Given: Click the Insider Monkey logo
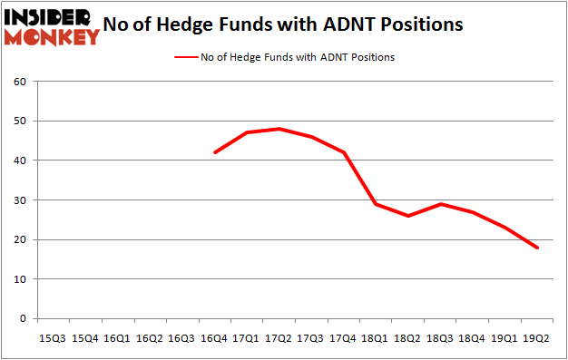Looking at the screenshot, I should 52,25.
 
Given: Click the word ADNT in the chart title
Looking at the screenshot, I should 361,24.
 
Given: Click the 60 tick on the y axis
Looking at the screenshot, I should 19,82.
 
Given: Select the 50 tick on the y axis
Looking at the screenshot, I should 19,121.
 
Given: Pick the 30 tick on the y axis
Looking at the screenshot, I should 19,200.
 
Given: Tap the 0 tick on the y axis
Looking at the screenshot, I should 22,319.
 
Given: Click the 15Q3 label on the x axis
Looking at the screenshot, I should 52,337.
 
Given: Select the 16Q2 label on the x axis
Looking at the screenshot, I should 150,337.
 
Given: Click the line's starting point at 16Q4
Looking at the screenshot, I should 214,152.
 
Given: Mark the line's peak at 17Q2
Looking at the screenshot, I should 279,129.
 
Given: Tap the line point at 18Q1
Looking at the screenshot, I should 377,204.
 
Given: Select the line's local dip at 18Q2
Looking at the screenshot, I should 409,216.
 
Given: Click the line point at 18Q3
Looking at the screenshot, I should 442,204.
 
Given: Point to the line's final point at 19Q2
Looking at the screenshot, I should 538,248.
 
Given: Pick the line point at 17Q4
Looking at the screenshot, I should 344,152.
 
